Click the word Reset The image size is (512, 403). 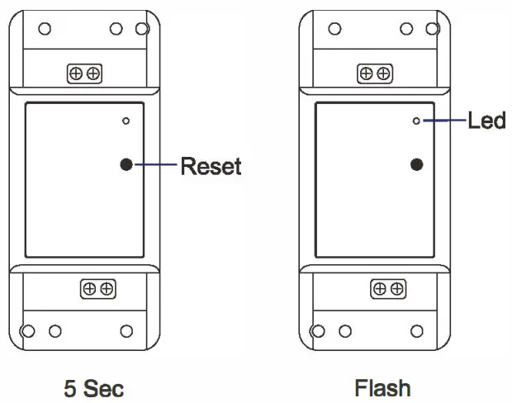[x=211, y=166]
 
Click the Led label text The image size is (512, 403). [x=486, y=121]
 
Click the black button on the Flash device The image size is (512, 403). [x=416, y=164]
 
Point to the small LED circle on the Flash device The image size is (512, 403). [x=416, y=121]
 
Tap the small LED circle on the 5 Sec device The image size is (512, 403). [x=126, y=121]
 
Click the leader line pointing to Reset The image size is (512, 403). [x=154, y=165]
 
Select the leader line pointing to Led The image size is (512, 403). [x=443, y=121]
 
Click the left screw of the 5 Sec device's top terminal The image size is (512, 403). [x=78, y=74]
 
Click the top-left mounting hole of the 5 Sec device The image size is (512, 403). [x=45, y=28]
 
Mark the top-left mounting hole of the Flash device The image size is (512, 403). [x=334, y=28]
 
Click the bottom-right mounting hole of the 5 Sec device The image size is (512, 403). [x=126, y=331]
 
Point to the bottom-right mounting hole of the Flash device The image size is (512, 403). [x=416, y=331]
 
